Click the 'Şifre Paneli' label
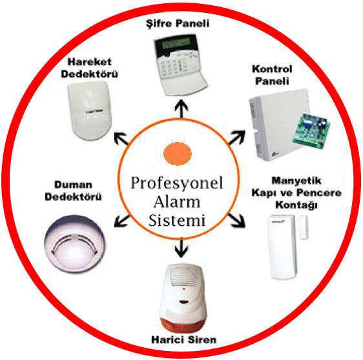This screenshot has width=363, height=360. point(178,24)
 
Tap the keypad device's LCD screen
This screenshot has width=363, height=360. point(176,43)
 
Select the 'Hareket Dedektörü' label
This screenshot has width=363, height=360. point(89,68)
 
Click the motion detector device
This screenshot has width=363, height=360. point(90,110)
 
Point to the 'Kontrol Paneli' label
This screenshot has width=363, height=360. point(272,75)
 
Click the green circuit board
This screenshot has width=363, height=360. point(311,130)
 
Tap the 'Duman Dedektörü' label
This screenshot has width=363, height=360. point(73,191)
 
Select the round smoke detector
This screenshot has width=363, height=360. point(74,243)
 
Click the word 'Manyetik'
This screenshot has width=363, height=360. point(296,181)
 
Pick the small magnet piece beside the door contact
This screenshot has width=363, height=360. point(303,227)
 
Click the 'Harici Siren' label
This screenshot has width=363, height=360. point(183,339)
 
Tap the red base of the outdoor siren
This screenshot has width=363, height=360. point(183,322)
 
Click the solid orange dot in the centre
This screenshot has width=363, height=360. point(178,154)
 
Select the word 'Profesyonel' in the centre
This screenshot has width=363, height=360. point(177,183)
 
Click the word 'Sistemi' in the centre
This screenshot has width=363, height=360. point(177,221)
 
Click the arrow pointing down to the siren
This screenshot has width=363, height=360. point(181,248)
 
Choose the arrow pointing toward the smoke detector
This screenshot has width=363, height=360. point(122,221)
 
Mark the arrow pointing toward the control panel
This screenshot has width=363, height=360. point(236,137)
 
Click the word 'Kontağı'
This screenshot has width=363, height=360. point(296,205)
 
